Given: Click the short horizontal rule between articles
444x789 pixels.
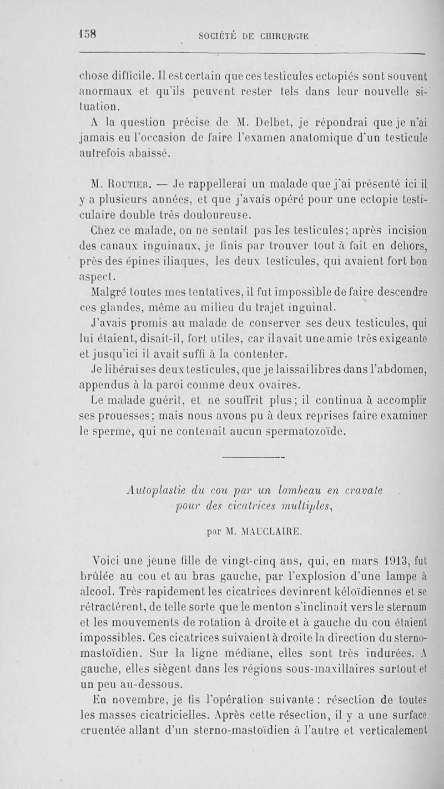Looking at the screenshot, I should pyautogui.click(x=253, y=458).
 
